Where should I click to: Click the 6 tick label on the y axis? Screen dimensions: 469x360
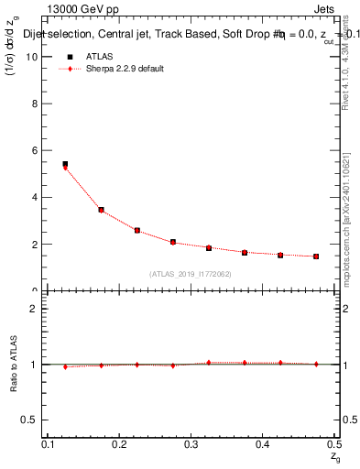(x=38, y=150)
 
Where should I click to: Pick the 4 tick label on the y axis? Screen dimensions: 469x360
(x=38, y=197)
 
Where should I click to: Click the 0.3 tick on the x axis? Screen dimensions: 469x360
(x=191, y=444)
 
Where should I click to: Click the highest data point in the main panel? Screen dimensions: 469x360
(x=65, y=165)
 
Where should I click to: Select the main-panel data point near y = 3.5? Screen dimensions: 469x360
(x=101, y=210)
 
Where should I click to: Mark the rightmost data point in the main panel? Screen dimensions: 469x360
(x=315, y=256)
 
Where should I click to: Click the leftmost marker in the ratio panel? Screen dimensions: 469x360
(x=65, y=366)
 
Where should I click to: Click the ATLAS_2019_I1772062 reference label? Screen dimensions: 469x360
(x=191, y=273)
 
